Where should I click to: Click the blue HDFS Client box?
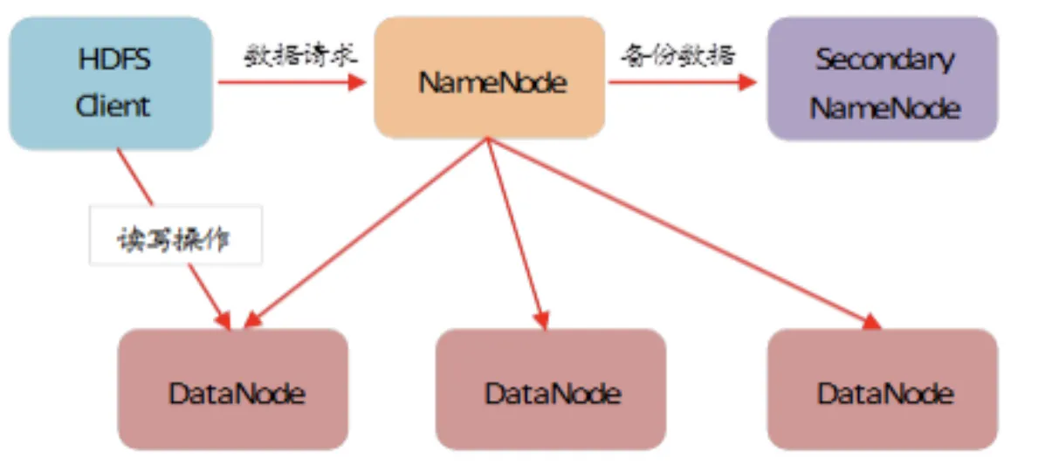pyautogui.click(x=111, y=83)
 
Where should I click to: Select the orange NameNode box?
pyautogui.click(x=489, y=78)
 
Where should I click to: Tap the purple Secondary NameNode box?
pyautogui.click(x=883, y=79)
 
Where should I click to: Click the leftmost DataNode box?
pyautogui.click(x=233, y=389)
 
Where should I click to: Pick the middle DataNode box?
pyautogui.click(x=551, y=389)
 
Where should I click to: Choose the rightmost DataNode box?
pyautogui.click(x=883, y=389)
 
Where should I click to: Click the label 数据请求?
pyautogui.click(x=300, y=55)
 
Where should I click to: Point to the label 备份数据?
pyautogui.click(x=677, y=55)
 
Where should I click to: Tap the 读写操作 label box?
pyautogui.click(x=176, y=235)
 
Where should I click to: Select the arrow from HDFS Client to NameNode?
pyautogui.click(x=292, y=83)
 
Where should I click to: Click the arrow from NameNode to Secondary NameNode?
pyautogui.click(x=683, y=83)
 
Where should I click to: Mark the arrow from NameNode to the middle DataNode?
pyautogui.click(x=518, y=234)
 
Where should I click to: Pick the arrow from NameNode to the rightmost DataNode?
pyautogui.click(x=684, y=234)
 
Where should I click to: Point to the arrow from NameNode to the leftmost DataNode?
pyautogui.click(x=366, y=234)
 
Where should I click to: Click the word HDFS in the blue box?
pyautogui.click(x=114, y=60)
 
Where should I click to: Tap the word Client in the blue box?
pyautogui.click(x=112, y=106)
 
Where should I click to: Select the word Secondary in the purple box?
pyautogui.click(x=885, y=60)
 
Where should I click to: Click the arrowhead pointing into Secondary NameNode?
pyautogui.click(x=748, y=83)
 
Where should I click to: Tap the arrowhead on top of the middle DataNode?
pyautogui.click(x=542, y=320)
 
